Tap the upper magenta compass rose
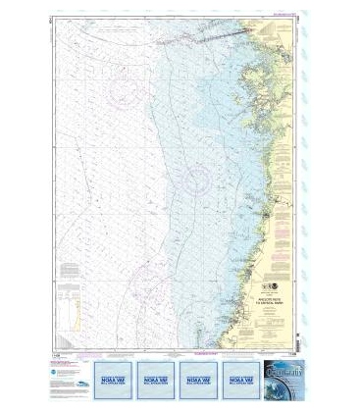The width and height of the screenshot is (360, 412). pos(125,92)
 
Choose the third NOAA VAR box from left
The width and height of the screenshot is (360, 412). pos(199,374)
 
